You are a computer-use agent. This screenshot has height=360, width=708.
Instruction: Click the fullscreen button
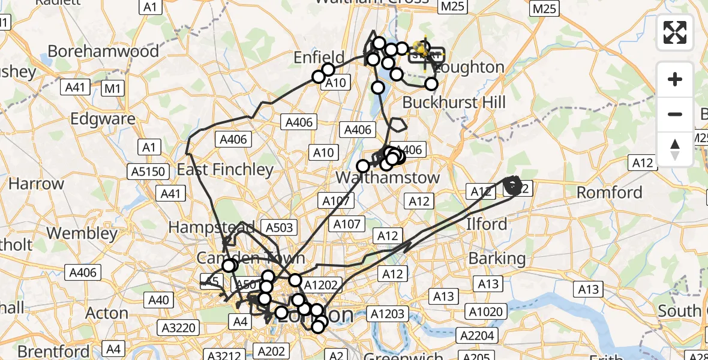click(x=675, y=32)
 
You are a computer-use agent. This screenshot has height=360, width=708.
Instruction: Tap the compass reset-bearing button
click(x=675, y=149)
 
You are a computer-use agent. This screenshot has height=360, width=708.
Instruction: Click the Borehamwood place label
click(x=103, y=51)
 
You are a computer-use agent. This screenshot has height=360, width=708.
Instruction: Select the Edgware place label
click(x=103, y=119)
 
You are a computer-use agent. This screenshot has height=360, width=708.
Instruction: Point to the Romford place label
click(x=609, y=193)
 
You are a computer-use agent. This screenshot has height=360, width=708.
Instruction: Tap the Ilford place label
click(x=487, y=224)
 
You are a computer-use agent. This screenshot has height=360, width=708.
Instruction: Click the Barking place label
click(x=497, y=259)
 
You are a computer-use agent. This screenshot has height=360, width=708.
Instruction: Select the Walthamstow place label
click(x=388, y=178)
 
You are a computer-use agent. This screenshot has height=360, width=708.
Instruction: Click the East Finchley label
click(x=225, y=170)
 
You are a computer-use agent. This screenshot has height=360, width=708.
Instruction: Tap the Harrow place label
click(x=28, y=184)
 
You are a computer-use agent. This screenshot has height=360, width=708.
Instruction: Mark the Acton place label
click(x=107, y=313)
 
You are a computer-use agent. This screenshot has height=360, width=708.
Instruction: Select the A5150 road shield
click(x=147, y=172)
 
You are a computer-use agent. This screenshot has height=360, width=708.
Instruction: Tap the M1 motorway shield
click(x=112, y=89)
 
